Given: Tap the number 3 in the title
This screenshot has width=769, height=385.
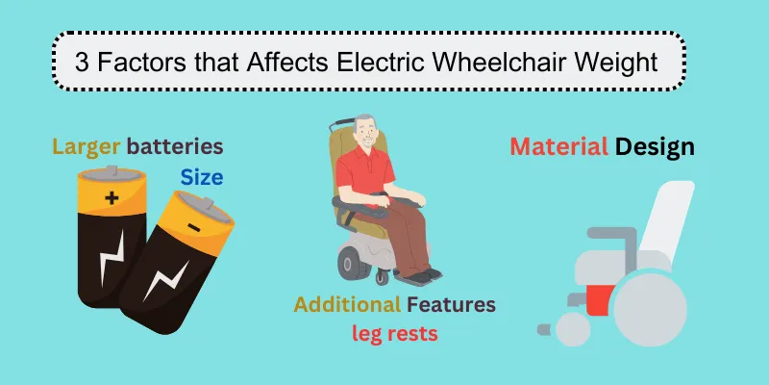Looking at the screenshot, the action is pyautogui.click(x=82, y=63).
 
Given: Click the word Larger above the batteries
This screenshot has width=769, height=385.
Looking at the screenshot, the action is pyautogui.click(x=87, y=147).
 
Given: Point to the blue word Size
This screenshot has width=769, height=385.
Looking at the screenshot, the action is pyautogui.click(x=202, y=178).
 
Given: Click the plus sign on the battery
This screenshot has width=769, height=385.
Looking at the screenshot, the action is pyautogui.click(x=112, y=198).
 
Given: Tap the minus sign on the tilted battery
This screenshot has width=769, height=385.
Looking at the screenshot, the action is pyautogui.click(x=194, y=227).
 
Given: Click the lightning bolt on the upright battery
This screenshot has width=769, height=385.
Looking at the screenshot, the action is pyautogui.click(x=112, y=257).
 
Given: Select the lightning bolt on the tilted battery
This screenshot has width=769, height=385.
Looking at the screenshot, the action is pyautogui.click(x=165, y=281).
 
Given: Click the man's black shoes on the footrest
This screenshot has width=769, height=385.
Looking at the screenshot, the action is pyautogui.click(x=424, y=275).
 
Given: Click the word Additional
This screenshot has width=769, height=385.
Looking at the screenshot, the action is pyautogui.click(x=347, y=305).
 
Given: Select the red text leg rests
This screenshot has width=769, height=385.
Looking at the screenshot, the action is pyautogui.click(x=394, y=334).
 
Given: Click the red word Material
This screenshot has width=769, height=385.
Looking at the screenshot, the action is pyautogui.click(x=559, y=146).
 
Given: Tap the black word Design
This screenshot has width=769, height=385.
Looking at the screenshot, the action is pyautogui.click(x=655, y=147).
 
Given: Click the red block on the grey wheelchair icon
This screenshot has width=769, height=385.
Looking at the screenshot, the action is pyautogui.click(x=600, y=300).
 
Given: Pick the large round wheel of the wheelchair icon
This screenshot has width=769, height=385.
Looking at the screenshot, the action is pyautogui.click(x=651, y=310).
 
